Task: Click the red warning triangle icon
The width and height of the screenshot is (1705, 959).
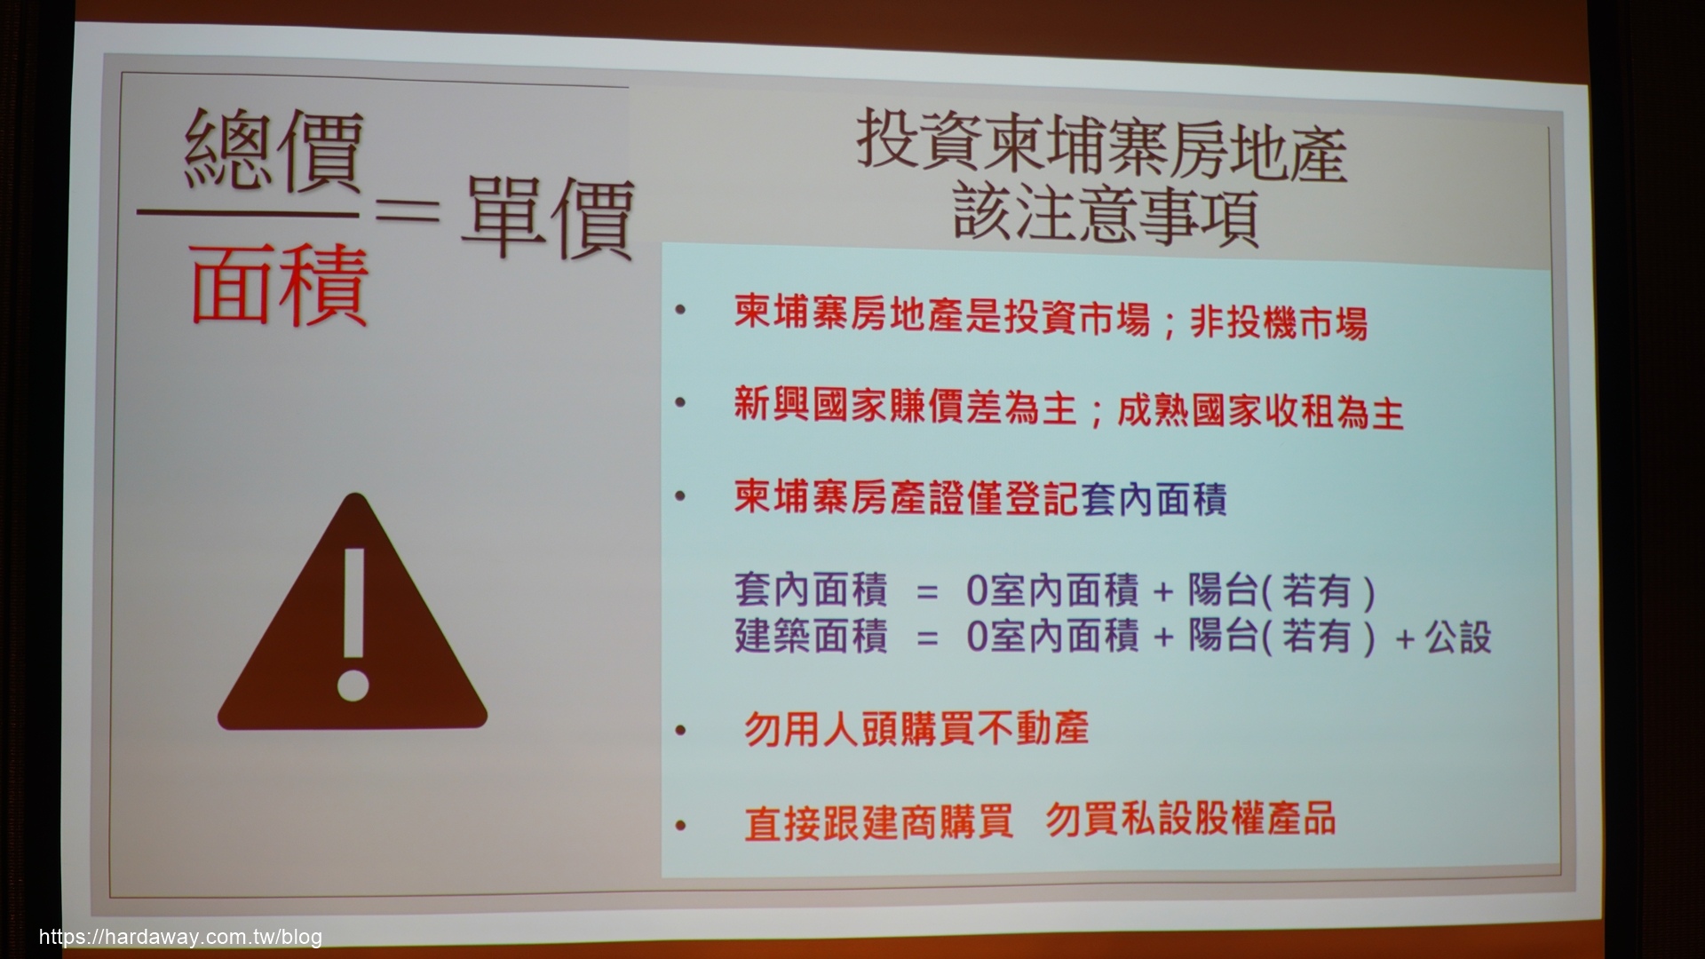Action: pyautogui.click(x=353, y=622)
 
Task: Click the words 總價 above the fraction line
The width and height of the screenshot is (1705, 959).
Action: pyautogui.click(x=274, y=152)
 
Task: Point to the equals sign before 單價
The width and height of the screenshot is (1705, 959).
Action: pyautogui.click(x=406, y=214)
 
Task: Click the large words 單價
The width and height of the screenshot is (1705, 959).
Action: pyautogui.click(x=547, y=217)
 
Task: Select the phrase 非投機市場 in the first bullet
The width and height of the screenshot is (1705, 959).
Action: pyautogui.click(x=1278, y=323)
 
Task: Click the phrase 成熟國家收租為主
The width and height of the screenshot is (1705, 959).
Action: pyautogui.click(x=1260, y=413)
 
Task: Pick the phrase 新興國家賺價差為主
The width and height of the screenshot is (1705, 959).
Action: pyautogui.click(x=905, y=409)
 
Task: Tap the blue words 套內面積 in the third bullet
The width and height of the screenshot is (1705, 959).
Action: pyautogui.click(x=1154, y=500)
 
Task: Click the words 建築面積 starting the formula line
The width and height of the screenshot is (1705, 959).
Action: pyautogui.click(x=811, y=637)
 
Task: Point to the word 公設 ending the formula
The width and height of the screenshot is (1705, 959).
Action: pyautogui.click(x=1458, y=638)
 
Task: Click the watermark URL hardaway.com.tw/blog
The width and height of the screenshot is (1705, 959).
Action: pyautogui.click(x=180, y=938)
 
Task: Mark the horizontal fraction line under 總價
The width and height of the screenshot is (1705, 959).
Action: pyautogui.click(x=248, y=214)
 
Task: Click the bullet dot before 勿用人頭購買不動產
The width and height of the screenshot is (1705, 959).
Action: pyautogui.click(x=681, y=732)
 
